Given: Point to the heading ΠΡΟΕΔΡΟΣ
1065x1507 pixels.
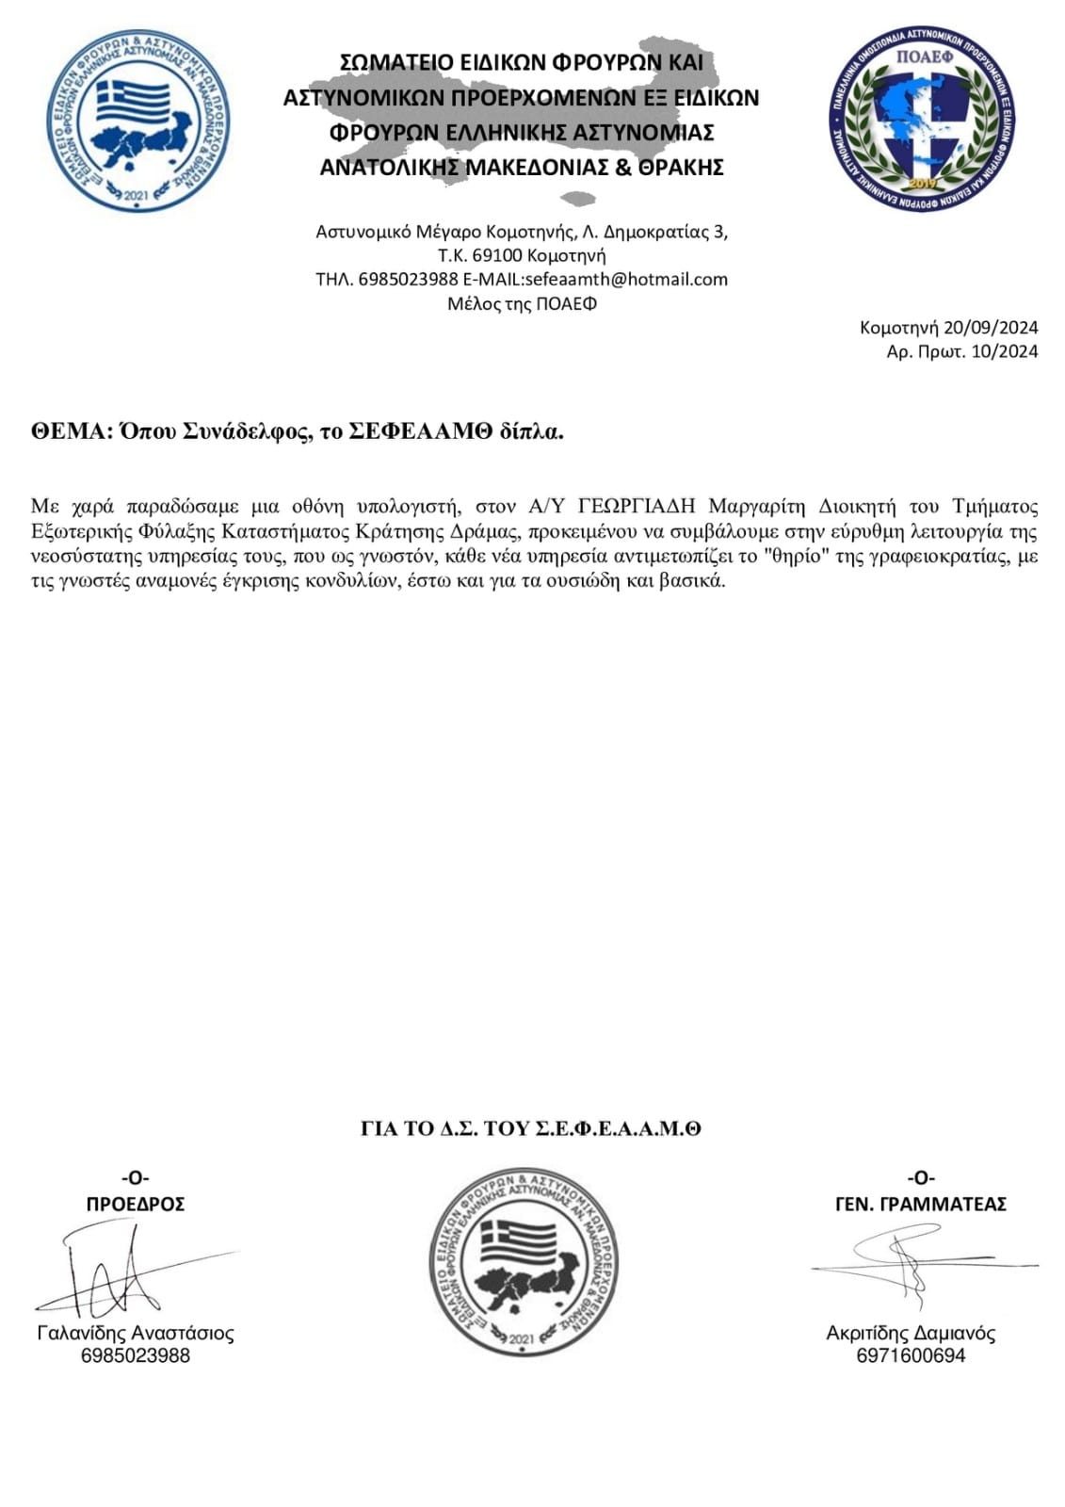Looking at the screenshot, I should [136, 1204].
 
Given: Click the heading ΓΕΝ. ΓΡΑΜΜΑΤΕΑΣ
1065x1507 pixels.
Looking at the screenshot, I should [920, 1204].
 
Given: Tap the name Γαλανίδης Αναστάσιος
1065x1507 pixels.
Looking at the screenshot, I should [136, 1333].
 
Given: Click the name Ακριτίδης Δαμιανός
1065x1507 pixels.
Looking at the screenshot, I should [911, 1333].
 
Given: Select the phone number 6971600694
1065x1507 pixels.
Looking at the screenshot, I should [911, 1355].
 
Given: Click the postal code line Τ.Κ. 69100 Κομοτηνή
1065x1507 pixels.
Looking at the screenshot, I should [522, 255].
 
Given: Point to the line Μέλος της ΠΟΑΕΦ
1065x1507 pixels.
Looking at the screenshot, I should [522, 303].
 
